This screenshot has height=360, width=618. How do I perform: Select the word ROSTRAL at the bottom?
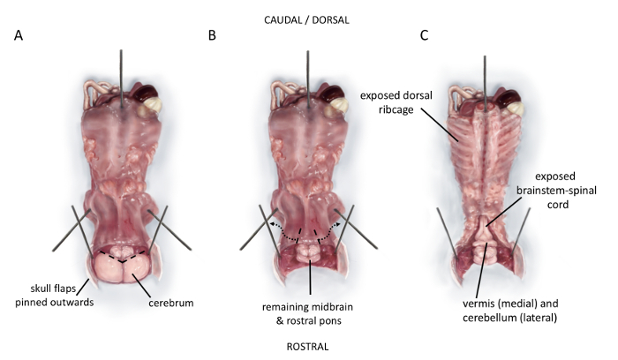pyautogui.click(x=307, y=347)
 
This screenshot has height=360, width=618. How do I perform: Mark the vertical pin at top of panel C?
pyautogui.click(x=485, y=79)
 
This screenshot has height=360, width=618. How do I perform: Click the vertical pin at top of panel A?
pyautogui.click(x=120, y=75)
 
